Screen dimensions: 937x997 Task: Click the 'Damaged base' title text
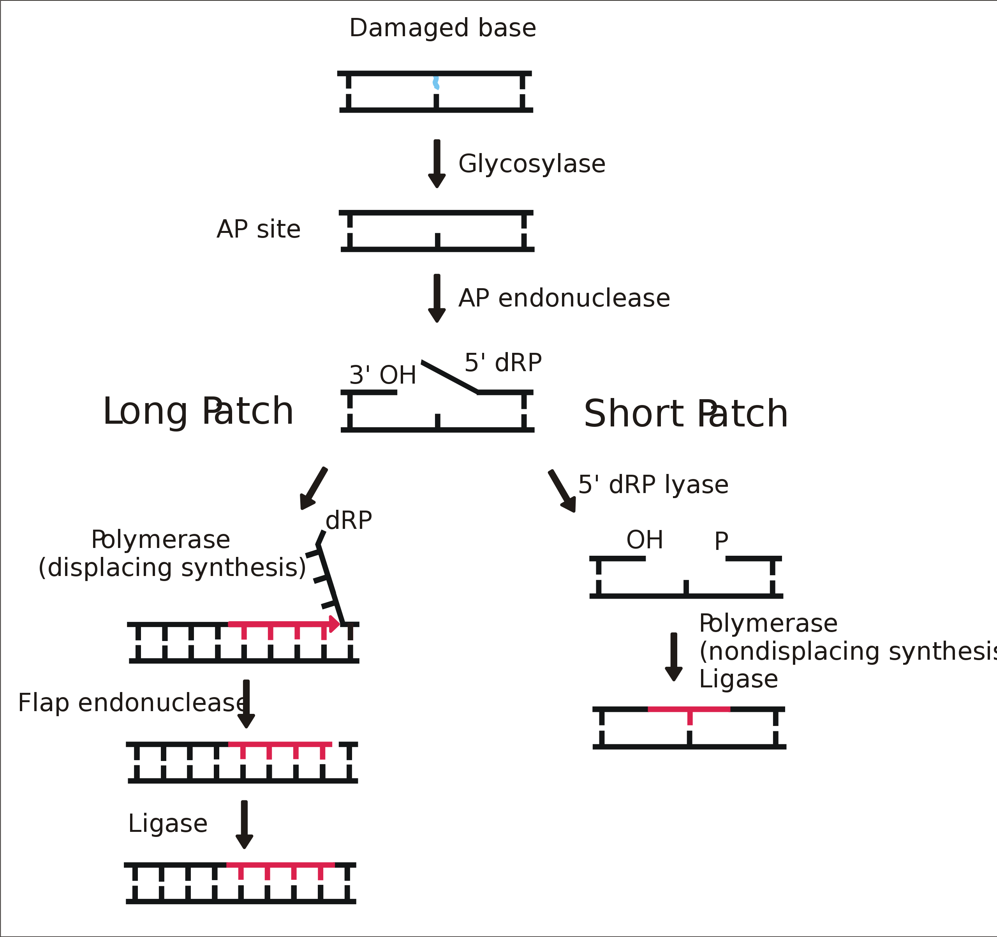coord(442,28)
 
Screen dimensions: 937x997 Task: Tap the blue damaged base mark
coord(436,83)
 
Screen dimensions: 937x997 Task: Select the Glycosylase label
coord(532,164)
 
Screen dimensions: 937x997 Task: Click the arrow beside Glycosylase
coord(437,163)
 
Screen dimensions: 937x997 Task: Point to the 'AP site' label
coord(258,229)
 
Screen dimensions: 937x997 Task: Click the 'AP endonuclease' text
coord(564,298)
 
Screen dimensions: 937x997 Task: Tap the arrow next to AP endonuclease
coord(437,298)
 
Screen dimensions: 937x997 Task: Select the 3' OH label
coord(383,375)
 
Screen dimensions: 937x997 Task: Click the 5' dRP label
coord(503,362)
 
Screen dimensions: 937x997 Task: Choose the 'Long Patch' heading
coord(198,411)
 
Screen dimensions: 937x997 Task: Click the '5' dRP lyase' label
coord(653,484)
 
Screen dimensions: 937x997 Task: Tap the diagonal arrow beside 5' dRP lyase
coord(562,491)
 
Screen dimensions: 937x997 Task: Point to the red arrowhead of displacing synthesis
coord(335,623)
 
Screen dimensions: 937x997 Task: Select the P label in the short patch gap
coord(721,541)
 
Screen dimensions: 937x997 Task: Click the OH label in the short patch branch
coord(645,540)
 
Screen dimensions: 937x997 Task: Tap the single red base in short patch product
coord(690,718)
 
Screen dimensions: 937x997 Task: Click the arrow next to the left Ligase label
coord(244,824)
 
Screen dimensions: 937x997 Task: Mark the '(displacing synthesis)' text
coord(172,567)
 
